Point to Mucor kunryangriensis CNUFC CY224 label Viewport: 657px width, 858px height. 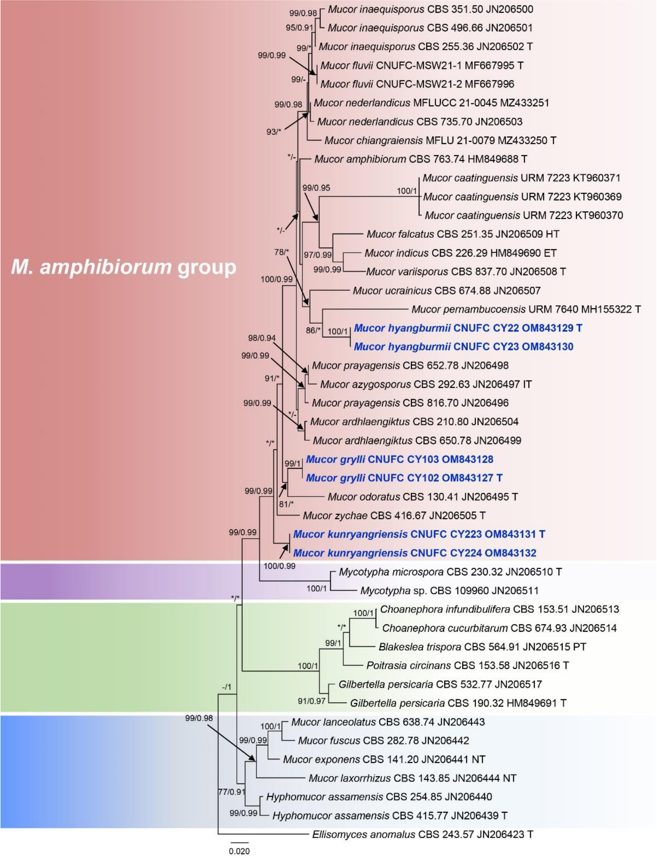[x=414, y=553]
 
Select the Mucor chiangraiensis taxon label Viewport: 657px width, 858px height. [x=440, y=140]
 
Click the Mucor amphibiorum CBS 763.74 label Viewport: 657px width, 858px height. [x=420, y=159]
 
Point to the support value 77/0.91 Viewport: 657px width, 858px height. [x=232, y=792]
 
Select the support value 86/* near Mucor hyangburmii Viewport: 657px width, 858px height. [x=313, y=330]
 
